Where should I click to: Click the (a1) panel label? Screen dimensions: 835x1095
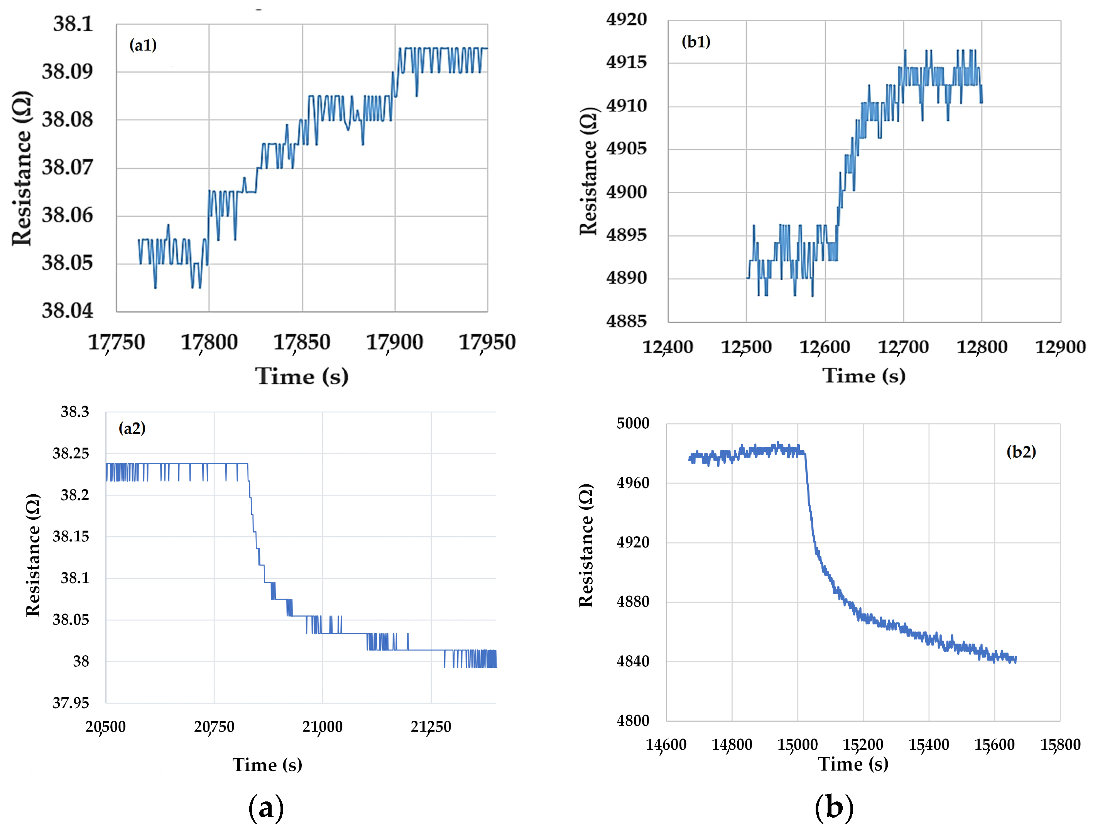point(143,45)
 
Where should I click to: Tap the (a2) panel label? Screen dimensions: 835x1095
point(132,428)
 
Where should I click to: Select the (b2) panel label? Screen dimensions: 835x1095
point(1021,451)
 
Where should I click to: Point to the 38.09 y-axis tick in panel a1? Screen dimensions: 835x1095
point(67,71)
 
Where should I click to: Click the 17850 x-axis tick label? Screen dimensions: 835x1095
point(302,342)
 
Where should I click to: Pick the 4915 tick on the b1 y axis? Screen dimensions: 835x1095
point(626,62)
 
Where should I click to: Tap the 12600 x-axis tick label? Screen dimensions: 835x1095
point(825,347)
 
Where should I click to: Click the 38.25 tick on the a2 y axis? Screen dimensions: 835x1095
point(71,453)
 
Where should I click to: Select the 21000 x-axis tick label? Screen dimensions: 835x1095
point(322,726)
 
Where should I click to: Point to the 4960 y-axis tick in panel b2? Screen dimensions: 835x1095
point(633,483)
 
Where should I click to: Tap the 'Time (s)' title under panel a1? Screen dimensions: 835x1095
point(302,376)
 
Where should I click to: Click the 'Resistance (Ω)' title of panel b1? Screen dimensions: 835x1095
point(588,171)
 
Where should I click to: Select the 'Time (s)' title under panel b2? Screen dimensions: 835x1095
point(853,764)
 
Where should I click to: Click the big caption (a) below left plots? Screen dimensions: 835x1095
point(266,807)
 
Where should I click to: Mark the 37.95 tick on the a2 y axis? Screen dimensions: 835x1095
point(71,703)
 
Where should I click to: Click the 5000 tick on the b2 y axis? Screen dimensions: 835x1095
point(633,423)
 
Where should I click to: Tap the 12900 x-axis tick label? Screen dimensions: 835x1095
point(1060,347)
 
